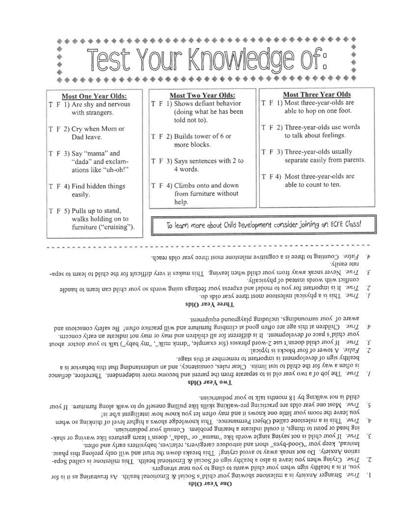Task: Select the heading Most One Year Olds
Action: [94, 96]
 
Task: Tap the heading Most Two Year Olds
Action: [202, 95]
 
